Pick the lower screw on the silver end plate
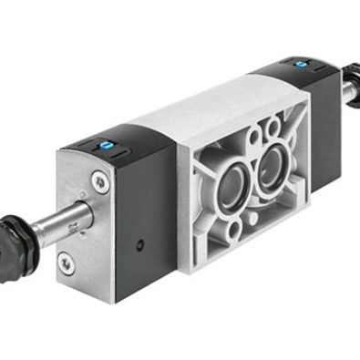(66, 263)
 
